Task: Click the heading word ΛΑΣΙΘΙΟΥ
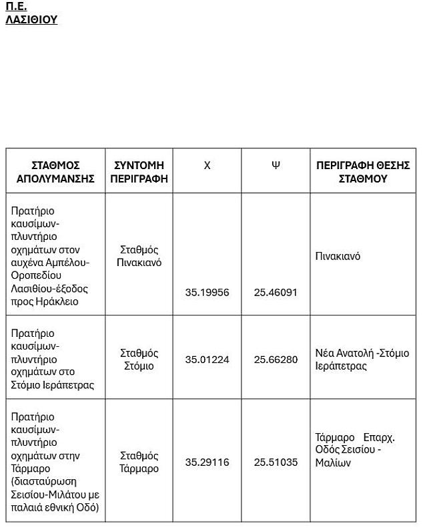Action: click(x=31, y=19)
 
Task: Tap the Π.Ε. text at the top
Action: click(x=16, y=7)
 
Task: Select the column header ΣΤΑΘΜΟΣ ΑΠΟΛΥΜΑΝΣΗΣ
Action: click(x=55, y=172)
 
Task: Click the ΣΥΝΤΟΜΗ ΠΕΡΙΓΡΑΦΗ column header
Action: click(x=139, y=172)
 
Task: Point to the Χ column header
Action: click(x=207, y=165)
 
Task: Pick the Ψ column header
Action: click(x=276, y=165)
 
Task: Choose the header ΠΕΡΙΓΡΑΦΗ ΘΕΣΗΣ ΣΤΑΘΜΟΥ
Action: click(x=362, y=172)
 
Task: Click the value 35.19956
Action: click(x=207, y=292)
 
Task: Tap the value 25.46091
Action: click(x=276, y=292)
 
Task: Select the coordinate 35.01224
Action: click(x=207, y=360)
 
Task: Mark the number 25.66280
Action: click(x=276, y=360)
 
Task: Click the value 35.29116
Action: click(x=207, y=462)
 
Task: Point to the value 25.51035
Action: click(x=276, y=462)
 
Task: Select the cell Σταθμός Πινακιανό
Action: click(x=139, y=256)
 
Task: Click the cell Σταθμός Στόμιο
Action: click(x=139, y=360)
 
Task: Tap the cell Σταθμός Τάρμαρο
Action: click(x=139, y=462)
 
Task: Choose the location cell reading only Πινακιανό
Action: click(x=338, y=256)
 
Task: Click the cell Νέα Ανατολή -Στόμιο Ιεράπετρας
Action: click(x=362, y=360)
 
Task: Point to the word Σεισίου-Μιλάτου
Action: click(x=48, y=494)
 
